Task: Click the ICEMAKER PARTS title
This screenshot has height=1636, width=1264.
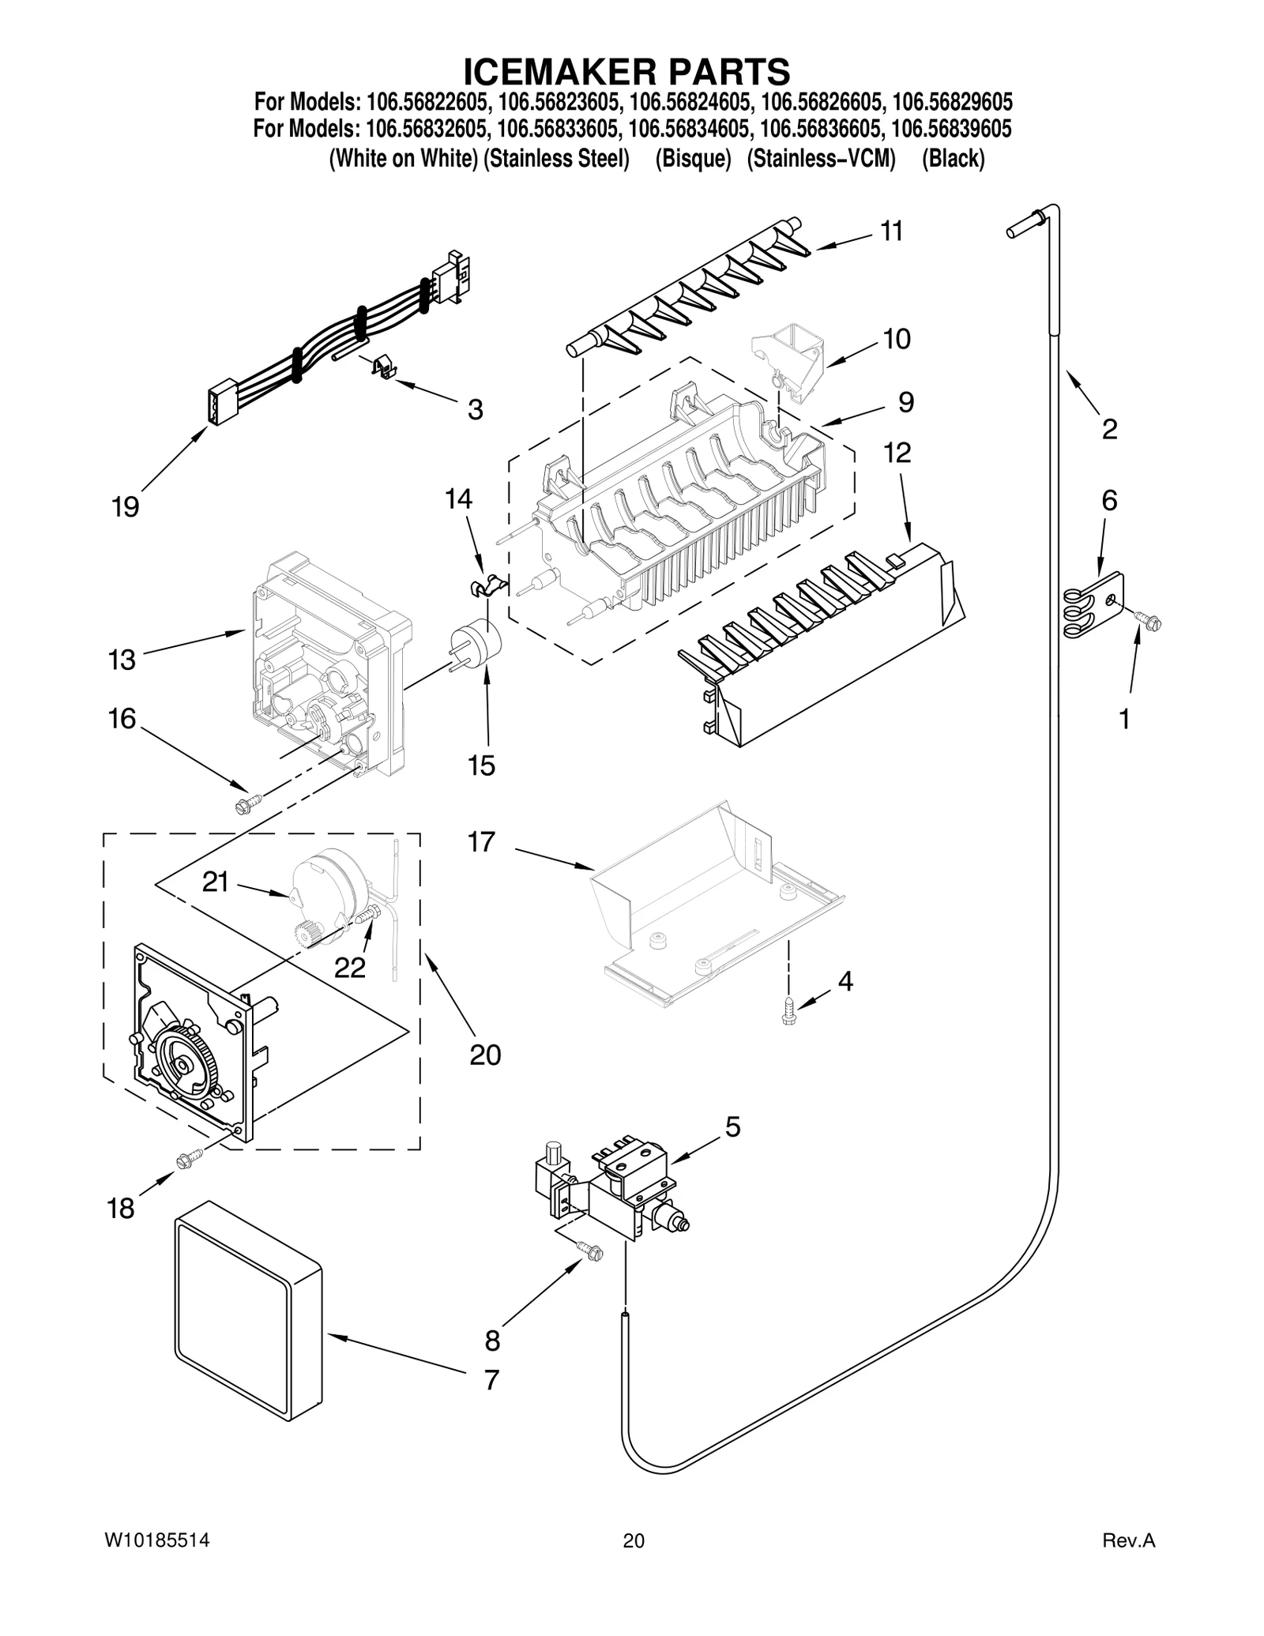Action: click(x=626, y=71)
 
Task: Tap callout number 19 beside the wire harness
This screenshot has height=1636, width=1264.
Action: click(x=125, y=506)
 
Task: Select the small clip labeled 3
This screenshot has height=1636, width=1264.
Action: click(x=382, y=367)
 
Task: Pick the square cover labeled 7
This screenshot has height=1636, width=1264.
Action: click(x=247, y=1314)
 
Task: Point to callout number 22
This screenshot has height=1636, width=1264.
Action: click(x=349, y=967)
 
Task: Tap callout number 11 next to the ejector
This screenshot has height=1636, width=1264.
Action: click(x=891, y=231)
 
